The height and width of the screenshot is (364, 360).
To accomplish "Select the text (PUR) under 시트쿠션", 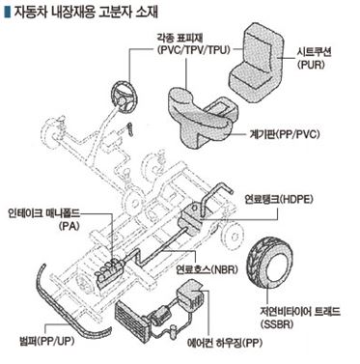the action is pos(311,65).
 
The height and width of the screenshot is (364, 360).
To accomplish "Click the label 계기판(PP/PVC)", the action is pos(285,134).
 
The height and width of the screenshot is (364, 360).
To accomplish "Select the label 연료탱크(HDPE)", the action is pos(279,199).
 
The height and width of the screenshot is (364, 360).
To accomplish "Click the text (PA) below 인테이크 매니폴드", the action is pos(69,226).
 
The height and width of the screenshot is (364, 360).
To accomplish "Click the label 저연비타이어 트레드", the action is pos(300,312).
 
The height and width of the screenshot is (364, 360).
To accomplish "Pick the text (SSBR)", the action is pos(277,324).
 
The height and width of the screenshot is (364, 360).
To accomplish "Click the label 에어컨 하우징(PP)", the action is pos(225,343).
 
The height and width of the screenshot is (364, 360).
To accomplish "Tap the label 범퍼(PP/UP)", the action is pos(47,341).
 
